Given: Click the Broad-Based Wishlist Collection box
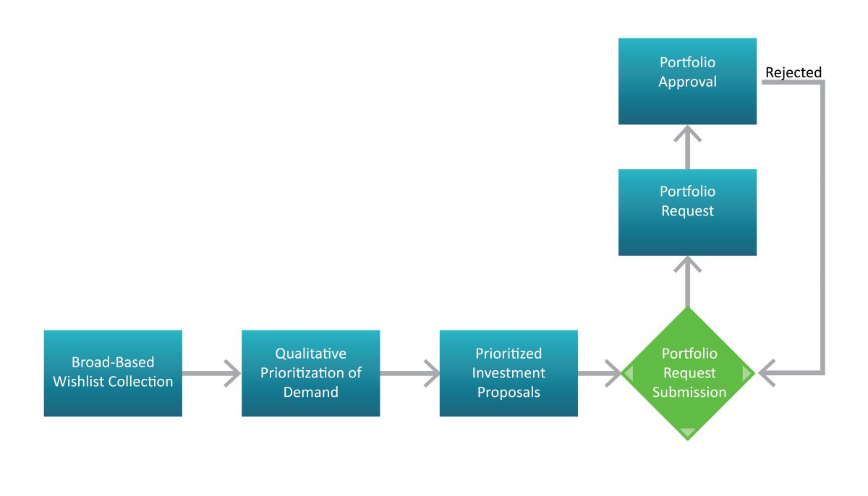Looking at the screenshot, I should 113,373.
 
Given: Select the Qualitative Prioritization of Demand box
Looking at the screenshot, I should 310,373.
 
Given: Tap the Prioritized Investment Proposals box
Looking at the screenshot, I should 509,373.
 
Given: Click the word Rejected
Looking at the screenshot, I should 793,72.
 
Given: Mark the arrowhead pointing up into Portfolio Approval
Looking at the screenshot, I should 688,135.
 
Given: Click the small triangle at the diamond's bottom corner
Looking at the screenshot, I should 688,433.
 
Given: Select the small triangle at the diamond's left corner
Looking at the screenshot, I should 628,374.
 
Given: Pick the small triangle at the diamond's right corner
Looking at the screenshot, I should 747,374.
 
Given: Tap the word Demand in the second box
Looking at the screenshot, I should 310,393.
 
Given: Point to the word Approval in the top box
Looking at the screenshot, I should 687,82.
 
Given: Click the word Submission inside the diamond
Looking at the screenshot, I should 689,393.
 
